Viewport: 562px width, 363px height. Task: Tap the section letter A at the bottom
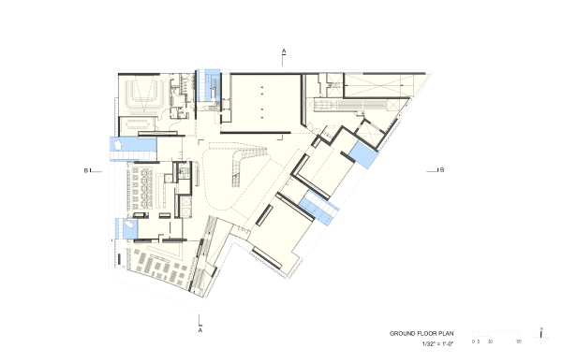point(200,329)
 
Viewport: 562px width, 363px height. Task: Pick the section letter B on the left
point(85,170)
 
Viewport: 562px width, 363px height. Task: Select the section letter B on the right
point(441,169)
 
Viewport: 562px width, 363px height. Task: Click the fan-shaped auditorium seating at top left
point(146,92)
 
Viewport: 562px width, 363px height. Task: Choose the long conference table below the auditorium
point(141,123)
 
